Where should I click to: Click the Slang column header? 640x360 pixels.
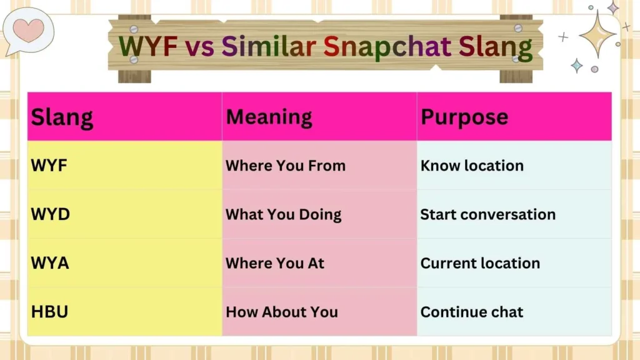coord(62,117)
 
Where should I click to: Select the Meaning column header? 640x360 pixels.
coord(269,117)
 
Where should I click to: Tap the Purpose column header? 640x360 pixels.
coord(464,117)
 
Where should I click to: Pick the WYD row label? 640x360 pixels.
coord(50,214)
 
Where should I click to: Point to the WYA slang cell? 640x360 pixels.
coord(50,263)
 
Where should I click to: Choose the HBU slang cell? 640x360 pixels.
coord(49,312)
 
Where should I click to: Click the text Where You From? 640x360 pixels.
coord(285,166)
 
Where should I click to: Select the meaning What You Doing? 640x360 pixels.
coord(283,214)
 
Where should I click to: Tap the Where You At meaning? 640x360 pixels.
coord(275,263)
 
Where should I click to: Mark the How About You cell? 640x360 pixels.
coord(281,312)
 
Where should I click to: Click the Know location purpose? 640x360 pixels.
coord(472,166)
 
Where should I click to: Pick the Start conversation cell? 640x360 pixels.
coord(487,214)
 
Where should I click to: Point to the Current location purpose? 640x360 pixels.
coord(480,263)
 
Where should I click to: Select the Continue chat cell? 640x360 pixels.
coord(472,312)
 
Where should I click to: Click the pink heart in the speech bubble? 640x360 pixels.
coord(29,29)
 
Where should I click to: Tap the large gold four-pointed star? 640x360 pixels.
coord(597,34)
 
